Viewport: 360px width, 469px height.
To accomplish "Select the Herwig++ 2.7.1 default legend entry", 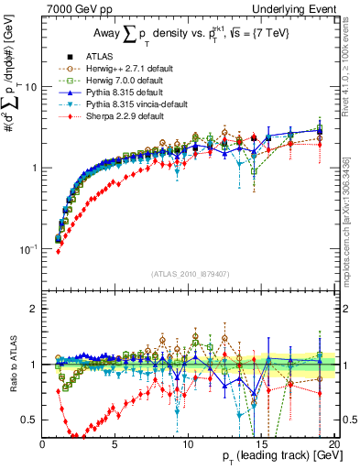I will [x=134, y=70].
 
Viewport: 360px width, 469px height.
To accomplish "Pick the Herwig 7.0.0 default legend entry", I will [x=130, y=82].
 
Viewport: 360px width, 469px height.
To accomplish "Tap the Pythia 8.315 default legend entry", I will [x=129, y=93].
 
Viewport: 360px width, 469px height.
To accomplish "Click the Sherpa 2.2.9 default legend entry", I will [x=130, y=117].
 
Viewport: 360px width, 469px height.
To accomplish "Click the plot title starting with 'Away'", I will [x=192, y=35].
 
